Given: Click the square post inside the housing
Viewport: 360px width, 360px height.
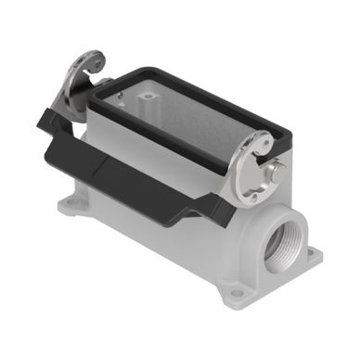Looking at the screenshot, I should (x=148, y=96).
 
